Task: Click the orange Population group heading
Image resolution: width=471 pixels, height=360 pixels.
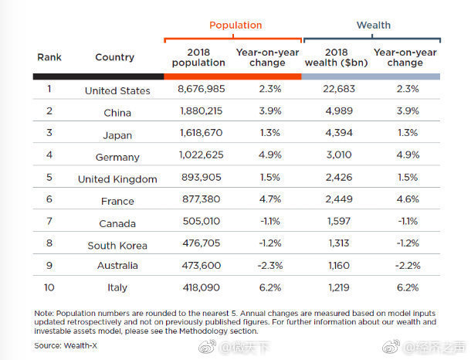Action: (235, 25)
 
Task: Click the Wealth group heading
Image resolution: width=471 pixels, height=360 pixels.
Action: (373, 25)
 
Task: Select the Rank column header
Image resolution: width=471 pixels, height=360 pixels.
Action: (49, 57)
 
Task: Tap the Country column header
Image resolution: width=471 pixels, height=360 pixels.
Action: (114, 57)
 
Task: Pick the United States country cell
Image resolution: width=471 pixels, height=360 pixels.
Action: (117, 90)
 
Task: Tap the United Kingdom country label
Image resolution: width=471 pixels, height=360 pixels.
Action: (117, 179)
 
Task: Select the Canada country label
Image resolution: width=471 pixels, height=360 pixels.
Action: (117, 223)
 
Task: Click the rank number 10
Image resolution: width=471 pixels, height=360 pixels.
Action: (49, 287)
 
